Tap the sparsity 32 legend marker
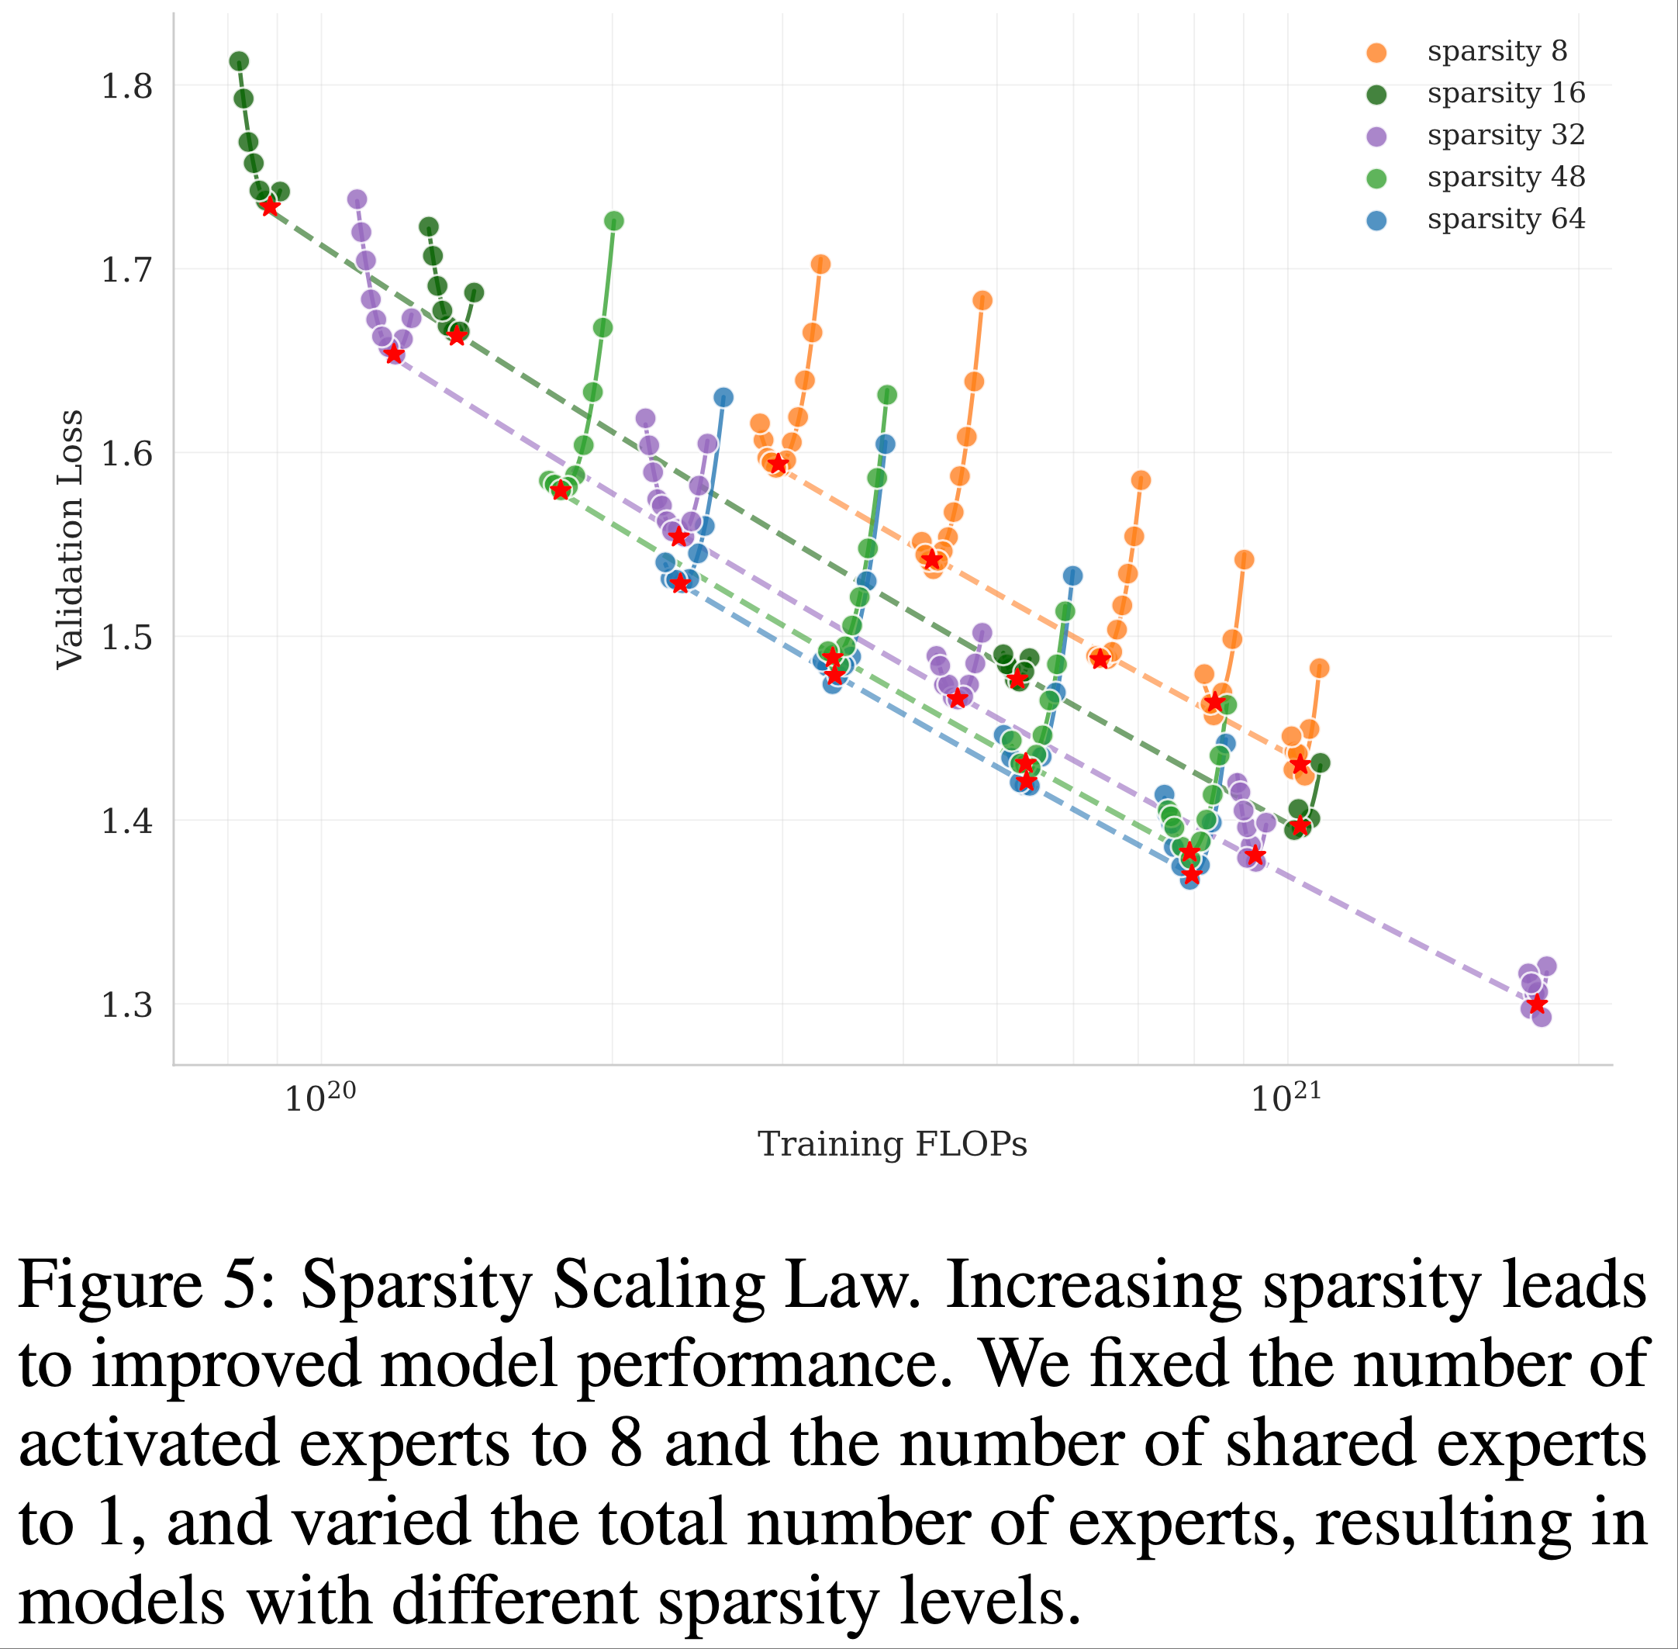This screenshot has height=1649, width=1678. [x=1376, y=136]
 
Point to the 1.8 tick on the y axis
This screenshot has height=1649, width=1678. [x=126, y=87]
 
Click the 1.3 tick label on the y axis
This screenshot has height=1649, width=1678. [x=126, y=1004]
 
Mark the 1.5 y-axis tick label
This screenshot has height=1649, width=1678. [x=126, y=638]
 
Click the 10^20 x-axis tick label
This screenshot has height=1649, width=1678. [x=319, y=1098]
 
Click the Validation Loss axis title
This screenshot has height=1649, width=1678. [x=69, y=540]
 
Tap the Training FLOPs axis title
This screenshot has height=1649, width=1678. [x=892, y=1144]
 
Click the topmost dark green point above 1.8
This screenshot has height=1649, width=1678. [x=239, y=61]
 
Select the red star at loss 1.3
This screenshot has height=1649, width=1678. [x=1537, y=1004]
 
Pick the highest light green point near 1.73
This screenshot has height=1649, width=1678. [x=614, y=222]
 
